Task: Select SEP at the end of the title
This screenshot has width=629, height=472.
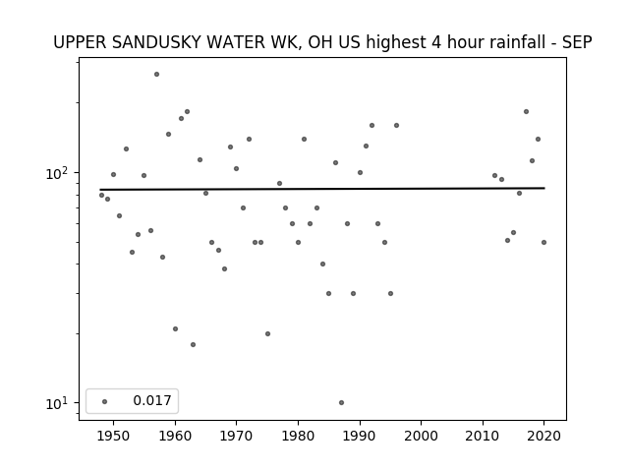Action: [x=577, y=42]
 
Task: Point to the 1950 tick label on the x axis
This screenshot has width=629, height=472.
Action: [x=114, y=436]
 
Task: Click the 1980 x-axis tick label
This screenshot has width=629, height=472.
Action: [x=298, y=436]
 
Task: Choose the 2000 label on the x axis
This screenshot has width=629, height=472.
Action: [x=422, y=436]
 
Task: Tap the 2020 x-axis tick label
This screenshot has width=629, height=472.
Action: [x=543, y=436]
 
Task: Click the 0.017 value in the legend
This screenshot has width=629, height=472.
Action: [x=152, y=400]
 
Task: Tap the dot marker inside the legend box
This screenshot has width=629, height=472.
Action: [x=105, y=402]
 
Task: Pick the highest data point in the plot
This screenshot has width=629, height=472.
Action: [x=157, y=75]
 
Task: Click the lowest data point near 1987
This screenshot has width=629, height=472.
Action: [x=341, y=402]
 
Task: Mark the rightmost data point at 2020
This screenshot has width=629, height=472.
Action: [x=543, y=243]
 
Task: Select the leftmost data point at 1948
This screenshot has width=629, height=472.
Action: [x=101, y=195]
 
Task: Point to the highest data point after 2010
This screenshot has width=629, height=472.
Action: [x=527, y=111]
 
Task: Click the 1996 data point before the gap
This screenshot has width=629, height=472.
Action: [x=396, y=125]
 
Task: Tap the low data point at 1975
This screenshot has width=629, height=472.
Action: [x=267, y=334]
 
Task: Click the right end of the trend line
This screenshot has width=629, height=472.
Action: [x=544, y=188]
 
